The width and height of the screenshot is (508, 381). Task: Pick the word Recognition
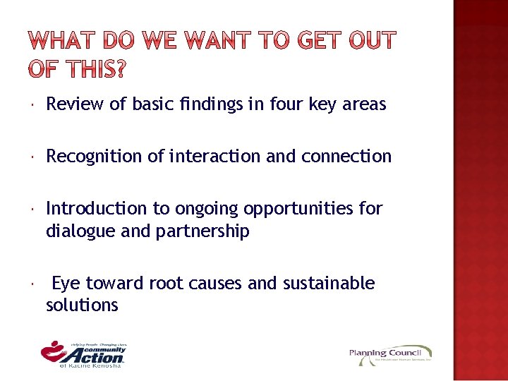95,156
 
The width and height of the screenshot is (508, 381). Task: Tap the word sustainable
329,283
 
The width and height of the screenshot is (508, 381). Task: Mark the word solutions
82,306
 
